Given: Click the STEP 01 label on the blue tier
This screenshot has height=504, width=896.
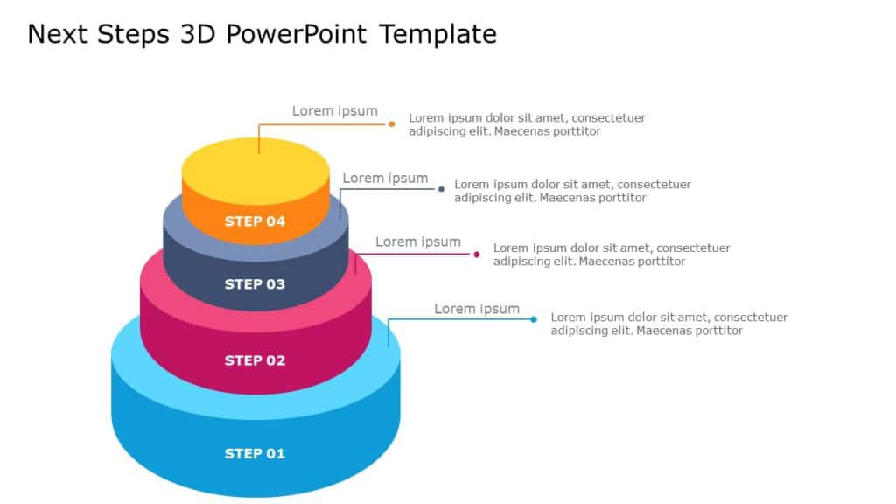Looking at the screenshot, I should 255,453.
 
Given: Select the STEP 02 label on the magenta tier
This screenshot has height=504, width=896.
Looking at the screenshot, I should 255,360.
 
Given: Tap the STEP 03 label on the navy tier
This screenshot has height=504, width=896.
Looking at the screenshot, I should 255,284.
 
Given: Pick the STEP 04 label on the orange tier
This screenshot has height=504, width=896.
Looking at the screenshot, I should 255,221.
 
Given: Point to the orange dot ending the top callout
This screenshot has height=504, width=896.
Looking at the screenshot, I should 392,124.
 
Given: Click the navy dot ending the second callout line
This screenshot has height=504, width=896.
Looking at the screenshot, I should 442,188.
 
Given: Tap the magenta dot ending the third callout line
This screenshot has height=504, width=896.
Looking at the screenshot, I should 477,255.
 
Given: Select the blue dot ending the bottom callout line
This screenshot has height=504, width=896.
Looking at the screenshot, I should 534,319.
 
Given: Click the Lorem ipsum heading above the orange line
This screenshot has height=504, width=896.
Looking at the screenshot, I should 334,111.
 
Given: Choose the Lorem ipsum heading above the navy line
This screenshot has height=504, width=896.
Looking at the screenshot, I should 385,178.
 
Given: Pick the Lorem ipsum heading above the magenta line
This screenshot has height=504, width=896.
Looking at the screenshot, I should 418,242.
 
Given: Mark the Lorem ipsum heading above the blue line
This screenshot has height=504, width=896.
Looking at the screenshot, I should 477,309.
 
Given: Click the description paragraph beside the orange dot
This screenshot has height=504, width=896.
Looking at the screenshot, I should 527,124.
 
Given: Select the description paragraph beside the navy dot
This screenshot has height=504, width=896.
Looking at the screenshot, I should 572,191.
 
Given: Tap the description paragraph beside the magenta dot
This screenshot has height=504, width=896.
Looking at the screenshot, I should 612,255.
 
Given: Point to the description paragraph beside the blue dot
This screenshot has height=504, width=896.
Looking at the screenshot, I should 668,324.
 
